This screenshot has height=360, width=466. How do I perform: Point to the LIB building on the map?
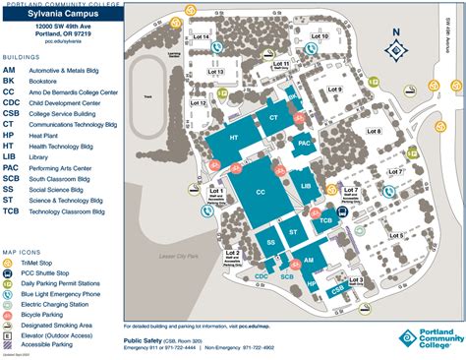305,184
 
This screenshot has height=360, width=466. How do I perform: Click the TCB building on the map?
325,222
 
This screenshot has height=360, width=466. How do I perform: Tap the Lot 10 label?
319,37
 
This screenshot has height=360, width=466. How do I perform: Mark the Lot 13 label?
215,72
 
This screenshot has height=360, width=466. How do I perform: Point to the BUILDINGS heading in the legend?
21,58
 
